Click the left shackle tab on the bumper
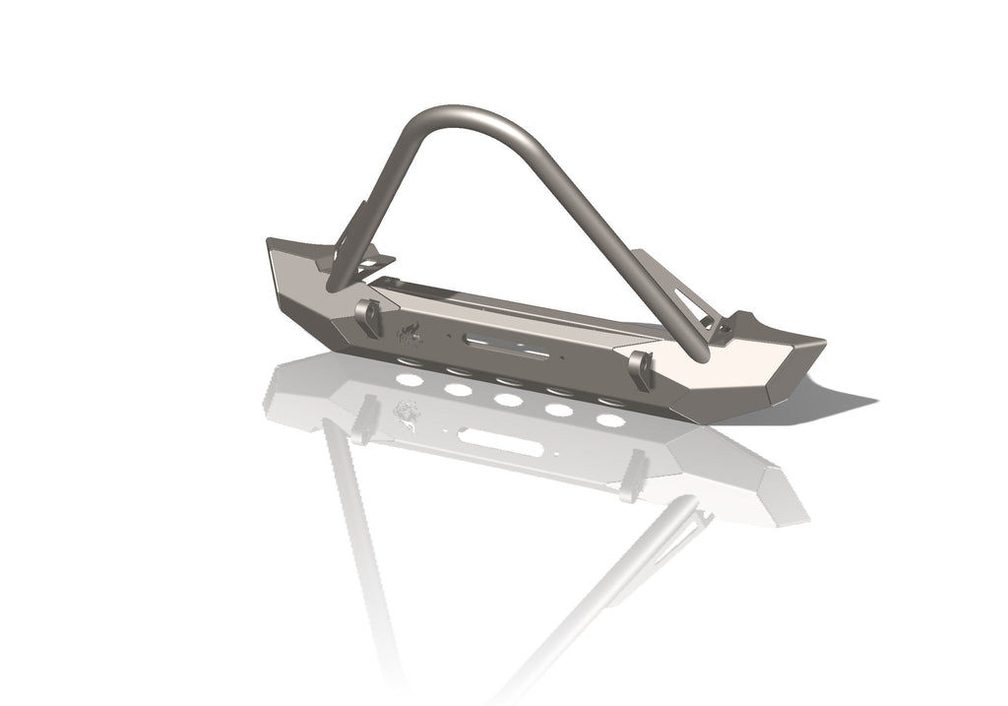(x=369, y=318)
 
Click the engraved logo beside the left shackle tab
(x=409, y=335)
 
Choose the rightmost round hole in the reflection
(x=610, y=420)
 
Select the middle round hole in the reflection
(x=508, y=400)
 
